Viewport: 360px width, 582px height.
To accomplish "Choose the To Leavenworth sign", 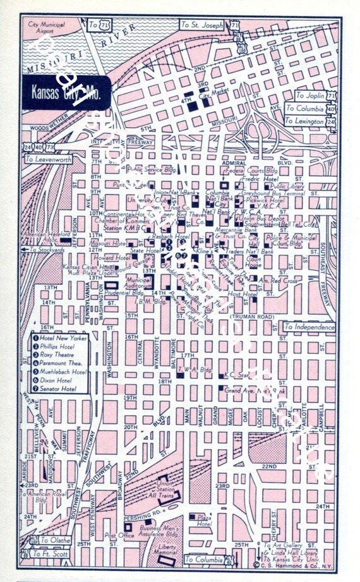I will [48, 159].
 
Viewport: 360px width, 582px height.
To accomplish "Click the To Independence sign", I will [308, 327].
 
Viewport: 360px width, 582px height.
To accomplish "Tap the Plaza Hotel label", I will [203, 520].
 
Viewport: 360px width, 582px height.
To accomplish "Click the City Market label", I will [213, 95].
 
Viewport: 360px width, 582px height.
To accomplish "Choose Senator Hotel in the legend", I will [61, 389].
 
